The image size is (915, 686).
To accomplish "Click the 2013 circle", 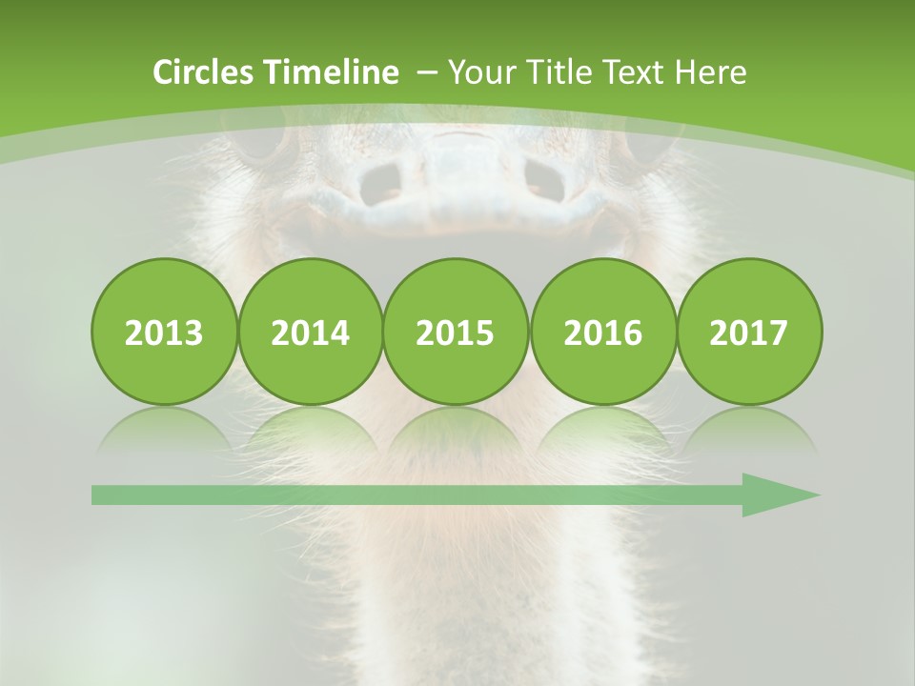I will click(164, 332).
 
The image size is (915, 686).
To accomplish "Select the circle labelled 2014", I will click(311, 332).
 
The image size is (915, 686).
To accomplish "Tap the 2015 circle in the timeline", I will click(456, 332).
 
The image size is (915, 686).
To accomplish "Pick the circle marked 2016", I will click(602, 332).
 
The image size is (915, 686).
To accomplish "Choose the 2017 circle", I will click(749, 332).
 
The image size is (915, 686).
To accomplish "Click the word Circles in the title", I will click(205, 72).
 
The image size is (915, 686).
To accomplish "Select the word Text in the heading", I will click(634, 72).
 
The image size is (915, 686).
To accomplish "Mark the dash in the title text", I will click(427, 73).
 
